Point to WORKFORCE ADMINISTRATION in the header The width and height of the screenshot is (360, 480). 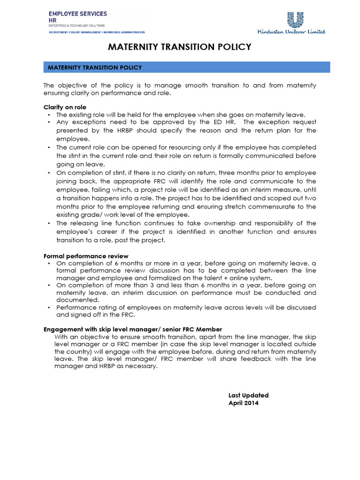pos(124,32)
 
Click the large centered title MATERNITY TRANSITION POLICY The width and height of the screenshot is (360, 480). pos(180,47)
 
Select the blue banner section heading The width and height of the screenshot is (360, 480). pos(187,67)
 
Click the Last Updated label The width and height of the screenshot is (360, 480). pos(248,396)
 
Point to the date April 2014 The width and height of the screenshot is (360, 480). pos(243,403)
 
